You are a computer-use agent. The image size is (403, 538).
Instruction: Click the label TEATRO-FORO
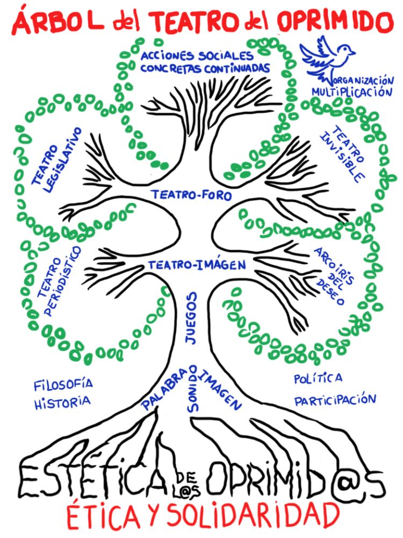(x=191, y=195)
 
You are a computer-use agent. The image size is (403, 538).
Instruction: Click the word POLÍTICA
(x=318, y=378)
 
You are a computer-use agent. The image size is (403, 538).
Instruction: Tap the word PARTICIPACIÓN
(x=334, y=400)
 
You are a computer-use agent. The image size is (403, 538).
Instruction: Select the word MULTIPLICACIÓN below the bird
(x=352, y=91)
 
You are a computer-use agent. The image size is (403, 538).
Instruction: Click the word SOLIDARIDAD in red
(x=253, y=515)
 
